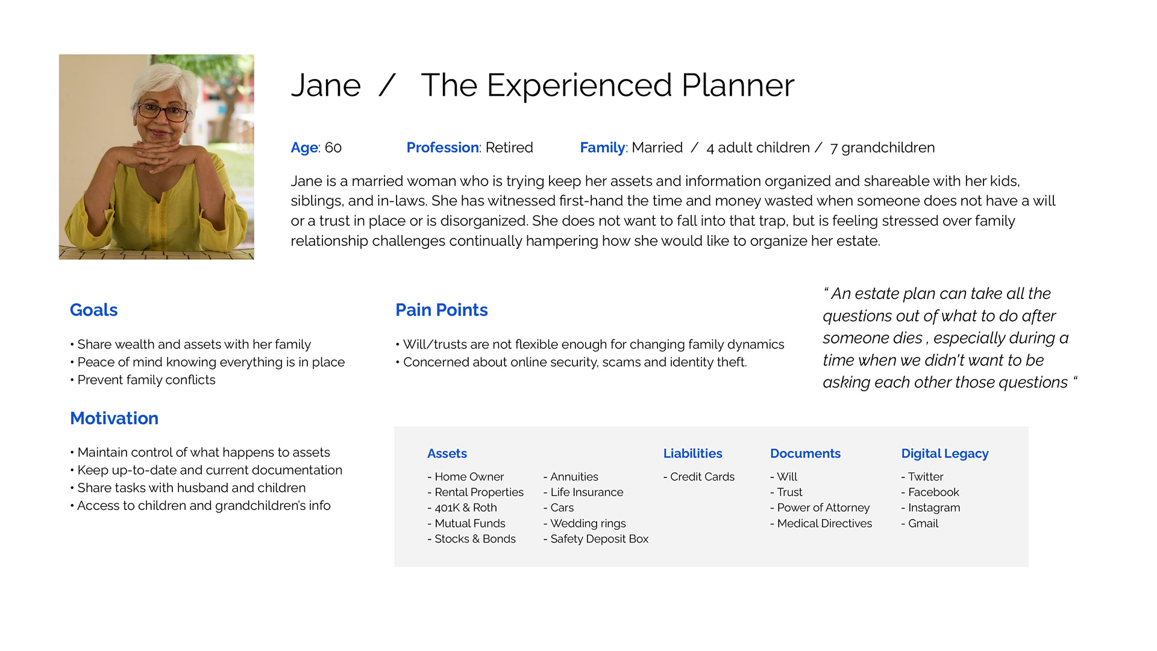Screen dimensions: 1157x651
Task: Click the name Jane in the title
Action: pyautogui.click(x=326, y=86)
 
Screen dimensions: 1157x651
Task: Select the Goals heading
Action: pyautogui.click(x=93, y=310)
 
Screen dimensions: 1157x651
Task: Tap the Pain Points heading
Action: pyautogui.click(x=441, y=310)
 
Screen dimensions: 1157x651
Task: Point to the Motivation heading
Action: pyautogui.click(x=114, y=418)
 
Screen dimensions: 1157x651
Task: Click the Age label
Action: pyautogui.click(x=304, y=148)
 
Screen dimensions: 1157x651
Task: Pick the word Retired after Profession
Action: pyautogui.click(x=509, y=148)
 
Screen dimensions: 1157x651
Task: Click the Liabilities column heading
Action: pyautogui.click(x=692, y=453)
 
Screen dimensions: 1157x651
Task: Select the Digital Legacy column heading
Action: pyautogui.click(x=944, y=454)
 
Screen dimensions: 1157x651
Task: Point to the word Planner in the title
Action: pyautogui.click(x=738, y=86)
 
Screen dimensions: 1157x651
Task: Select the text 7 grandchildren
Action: pyautogui.click(x=882, y=148)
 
